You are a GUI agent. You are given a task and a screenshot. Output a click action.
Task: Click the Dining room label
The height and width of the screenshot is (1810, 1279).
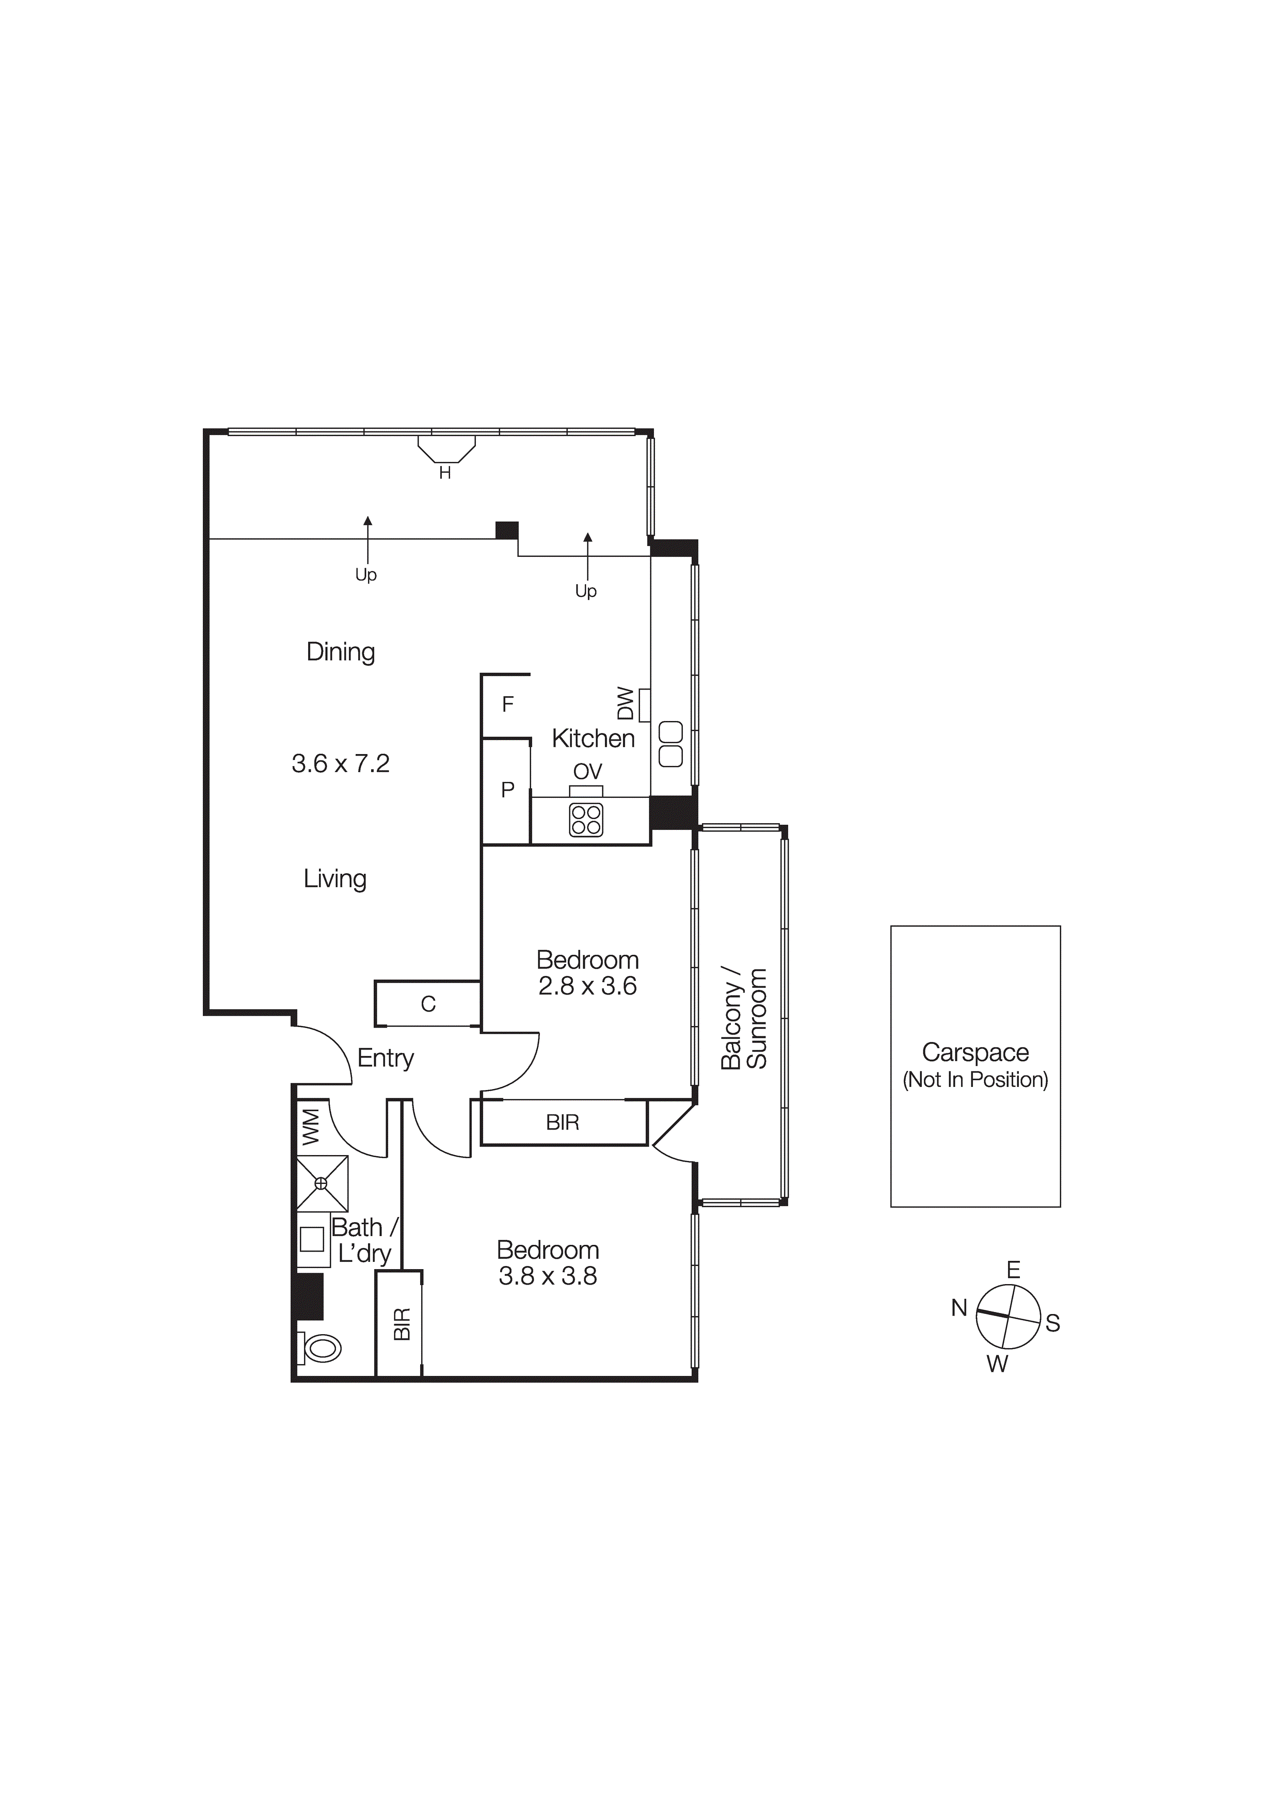pos(341,652)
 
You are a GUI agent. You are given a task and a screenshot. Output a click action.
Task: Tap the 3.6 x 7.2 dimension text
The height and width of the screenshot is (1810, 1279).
pos(341,763)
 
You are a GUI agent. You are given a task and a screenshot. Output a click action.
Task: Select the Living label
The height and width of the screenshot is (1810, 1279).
pos(335,878)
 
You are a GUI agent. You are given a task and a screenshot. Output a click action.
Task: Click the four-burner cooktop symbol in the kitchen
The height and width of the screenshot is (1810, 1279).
pos(586,820)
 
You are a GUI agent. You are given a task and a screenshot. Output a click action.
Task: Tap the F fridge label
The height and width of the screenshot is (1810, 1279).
pos(508,704)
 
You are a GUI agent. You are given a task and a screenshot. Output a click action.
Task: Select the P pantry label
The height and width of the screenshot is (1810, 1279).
pos(508,789)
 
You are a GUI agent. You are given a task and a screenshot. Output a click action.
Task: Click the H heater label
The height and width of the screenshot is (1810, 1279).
pos(445,473)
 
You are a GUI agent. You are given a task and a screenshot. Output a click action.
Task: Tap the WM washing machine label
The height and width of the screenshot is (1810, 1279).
pos(311,1127)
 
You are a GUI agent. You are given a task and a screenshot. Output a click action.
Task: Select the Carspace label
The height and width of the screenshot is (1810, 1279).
pos(976,1052)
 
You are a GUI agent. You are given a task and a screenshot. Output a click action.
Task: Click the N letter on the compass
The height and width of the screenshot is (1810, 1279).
pos(959,1308)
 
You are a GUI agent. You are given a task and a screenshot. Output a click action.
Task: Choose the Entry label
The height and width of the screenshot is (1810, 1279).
pos(386,1058)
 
